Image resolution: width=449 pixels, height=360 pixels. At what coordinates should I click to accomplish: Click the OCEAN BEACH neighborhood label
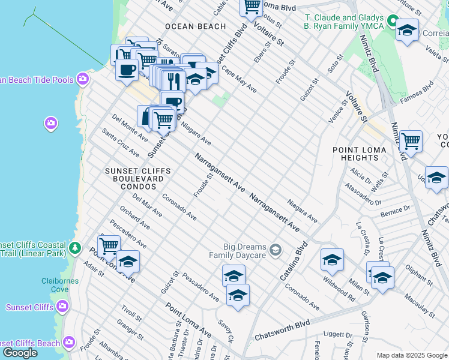[x=195, y=26]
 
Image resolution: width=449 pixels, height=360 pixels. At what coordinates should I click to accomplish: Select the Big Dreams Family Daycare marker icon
[x=276, y=249]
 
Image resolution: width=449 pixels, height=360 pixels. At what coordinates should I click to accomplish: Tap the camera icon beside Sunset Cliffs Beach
[x=69, y=343]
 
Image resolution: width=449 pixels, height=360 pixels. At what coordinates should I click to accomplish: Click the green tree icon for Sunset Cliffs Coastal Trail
[x=75, y=247]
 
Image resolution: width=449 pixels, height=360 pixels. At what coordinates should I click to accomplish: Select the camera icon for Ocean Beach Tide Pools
[x=82, y=80]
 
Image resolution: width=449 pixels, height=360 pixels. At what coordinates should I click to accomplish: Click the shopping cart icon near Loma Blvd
[x=252, y=6]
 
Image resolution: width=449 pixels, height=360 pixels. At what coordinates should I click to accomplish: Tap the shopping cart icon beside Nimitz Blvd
[x=411, y=142]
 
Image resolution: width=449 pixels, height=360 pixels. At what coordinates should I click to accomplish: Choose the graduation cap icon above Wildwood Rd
[x=331, y=259]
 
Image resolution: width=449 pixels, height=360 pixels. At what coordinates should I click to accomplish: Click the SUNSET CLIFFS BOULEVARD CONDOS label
[x=137, y=179]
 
